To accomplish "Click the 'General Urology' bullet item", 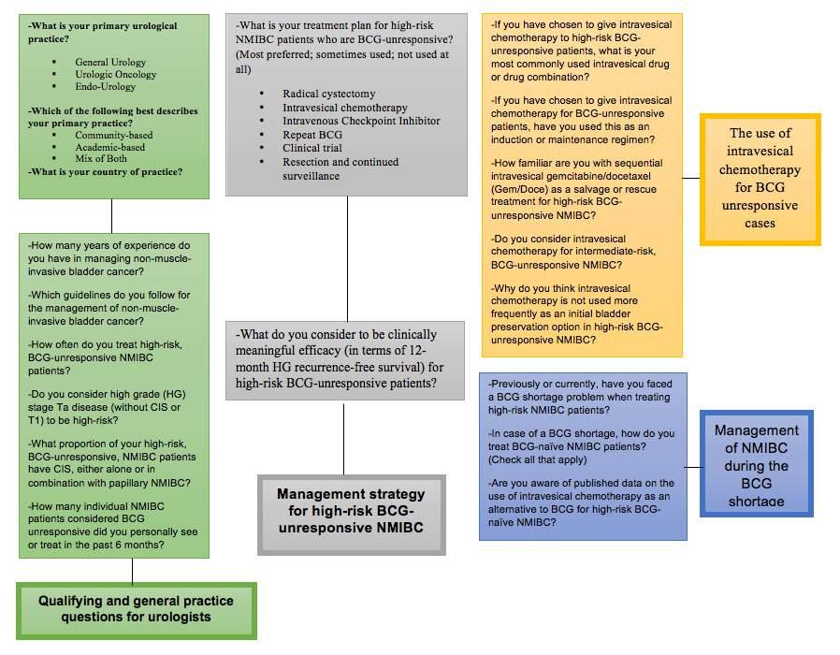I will click(x=110, y=62).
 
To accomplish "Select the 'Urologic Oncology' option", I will click(x=116, y=74).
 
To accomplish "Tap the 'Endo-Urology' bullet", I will click(x=106, y=86).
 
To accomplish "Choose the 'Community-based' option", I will click(x=114, y=135).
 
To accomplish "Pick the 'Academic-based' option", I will click(x=110, y=147).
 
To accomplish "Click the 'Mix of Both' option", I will click(x=101, y=158).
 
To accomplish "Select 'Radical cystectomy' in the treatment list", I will click(x=328, y=94).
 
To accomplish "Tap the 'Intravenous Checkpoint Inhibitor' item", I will click(x=361, y=121).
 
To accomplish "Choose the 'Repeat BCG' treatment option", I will click(x=312, y=135).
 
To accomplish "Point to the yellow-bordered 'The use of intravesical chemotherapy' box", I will click(x=760, y=179).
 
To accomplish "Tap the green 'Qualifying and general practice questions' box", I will click(x=136, y=609).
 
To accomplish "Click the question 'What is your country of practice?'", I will click(x=106, y=171).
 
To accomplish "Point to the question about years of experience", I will click(x=114, y=257).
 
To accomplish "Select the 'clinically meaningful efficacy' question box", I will click(x=345, y=358).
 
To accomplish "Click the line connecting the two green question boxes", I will click(x=111, y=215).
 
